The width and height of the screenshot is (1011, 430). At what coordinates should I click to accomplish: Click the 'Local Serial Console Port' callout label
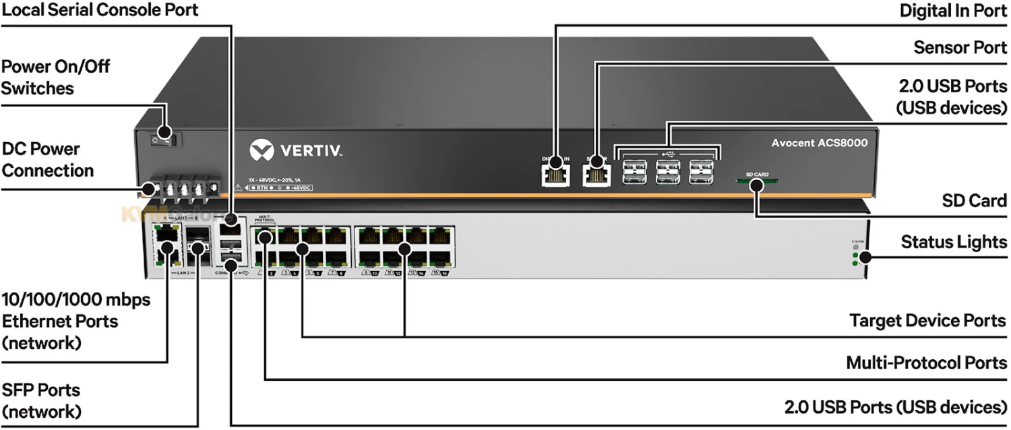point(100,10)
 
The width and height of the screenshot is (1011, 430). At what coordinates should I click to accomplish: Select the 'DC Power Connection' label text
point(47,160)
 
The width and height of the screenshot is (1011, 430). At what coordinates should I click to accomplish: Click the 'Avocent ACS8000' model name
point(819,143)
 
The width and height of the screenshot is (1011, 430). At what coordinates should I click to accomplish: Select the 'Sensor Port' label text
point(960,47)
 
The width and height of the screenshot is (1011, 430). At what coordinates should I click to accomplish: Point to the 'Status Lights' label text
point(954,242)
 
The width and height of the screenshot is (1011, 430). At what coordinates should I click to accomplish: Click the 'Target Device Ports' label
point(928,320)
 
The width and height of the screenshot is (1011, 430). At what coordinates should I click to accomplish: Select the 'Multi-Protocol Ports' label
point(926,363)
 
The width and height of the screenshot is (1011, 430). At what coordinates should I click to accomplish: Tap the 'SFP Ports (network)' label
point(41,400)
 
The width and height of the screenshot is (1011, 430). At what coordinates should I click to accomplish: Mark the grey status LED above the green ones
point(855,247)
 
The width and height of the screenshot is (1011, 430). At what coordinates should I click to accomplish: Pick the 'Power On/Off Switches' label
point(55,78)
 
